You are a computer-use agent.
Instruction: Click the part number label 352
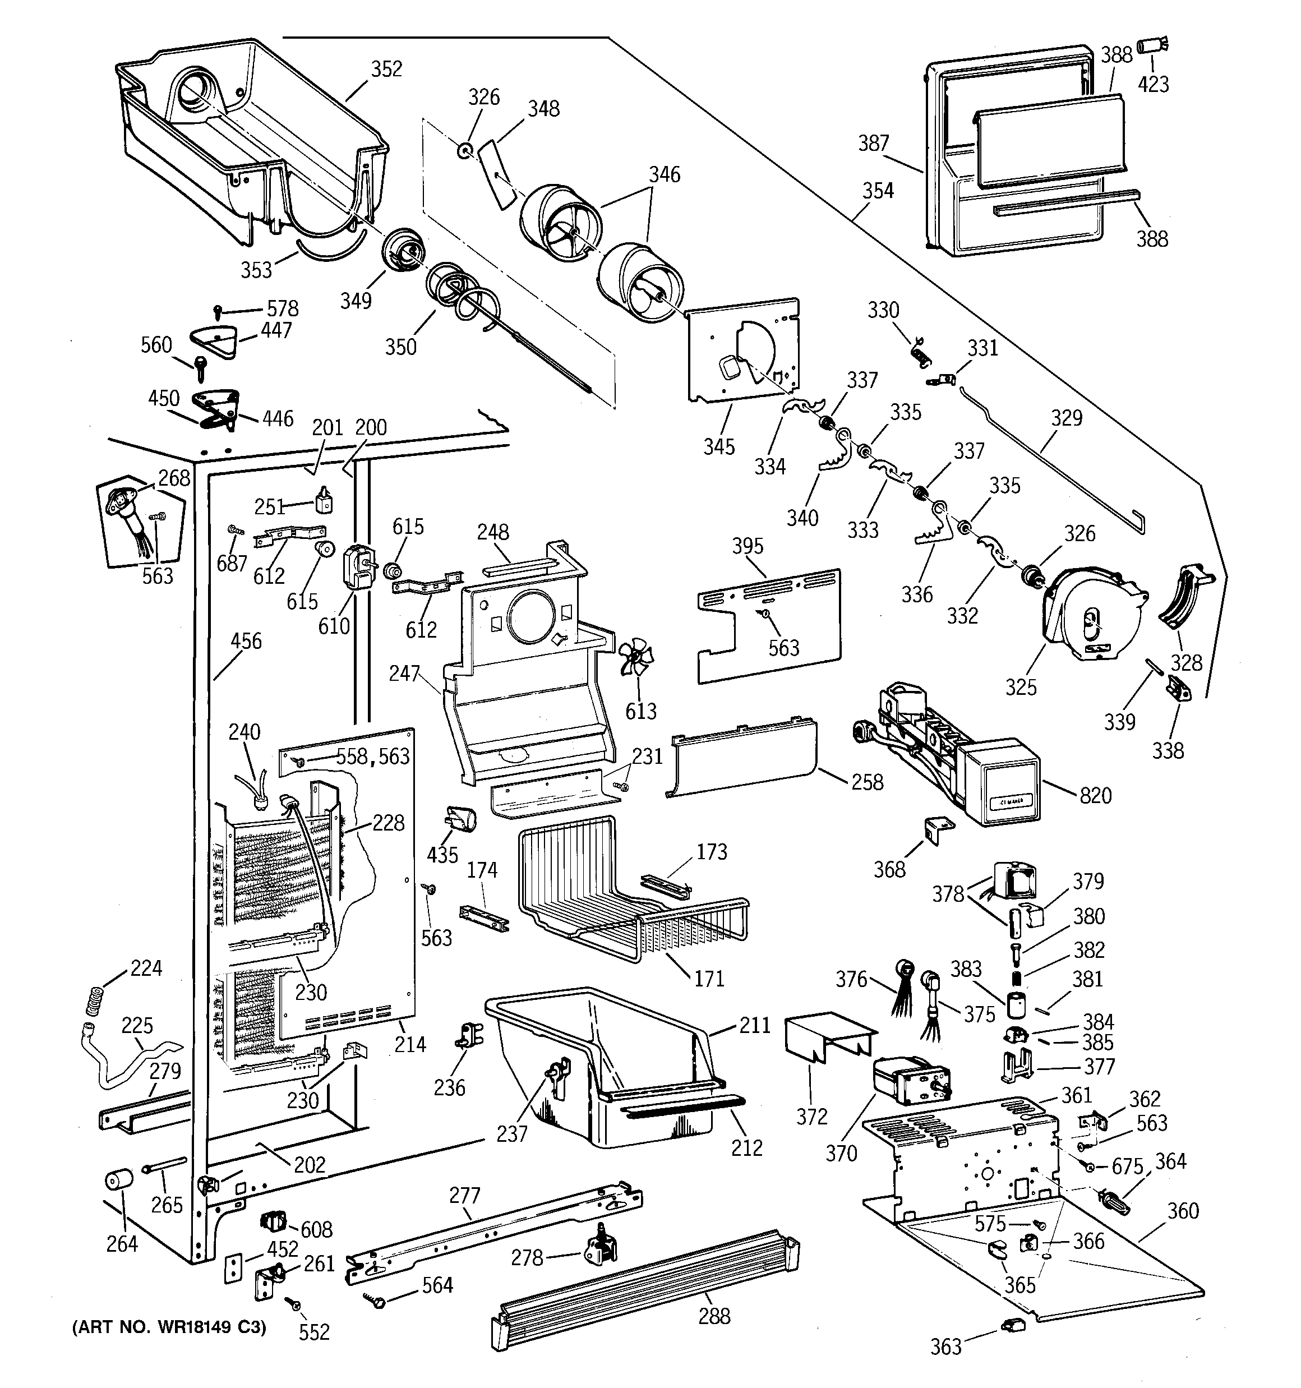pos(386,69)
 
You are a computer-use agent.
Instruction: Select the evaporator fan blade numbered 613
pos(635,659)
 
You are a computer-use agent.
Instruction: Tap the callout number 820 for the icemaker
pos(1095,795)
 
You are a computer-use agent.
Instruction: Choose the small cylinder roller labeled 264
pos(119,1181)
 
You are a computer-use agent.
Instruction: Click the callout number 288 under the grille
pos(714,1316)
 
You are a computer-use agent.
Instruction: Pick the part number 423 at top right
pos(1153,85)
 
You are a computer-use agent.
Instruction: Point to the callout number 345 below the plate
pos(718,447)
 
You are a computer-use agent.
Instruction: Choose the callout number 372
pos(811,1117)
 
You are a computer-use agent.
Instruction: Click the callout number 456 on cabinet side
pos(246,641)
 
